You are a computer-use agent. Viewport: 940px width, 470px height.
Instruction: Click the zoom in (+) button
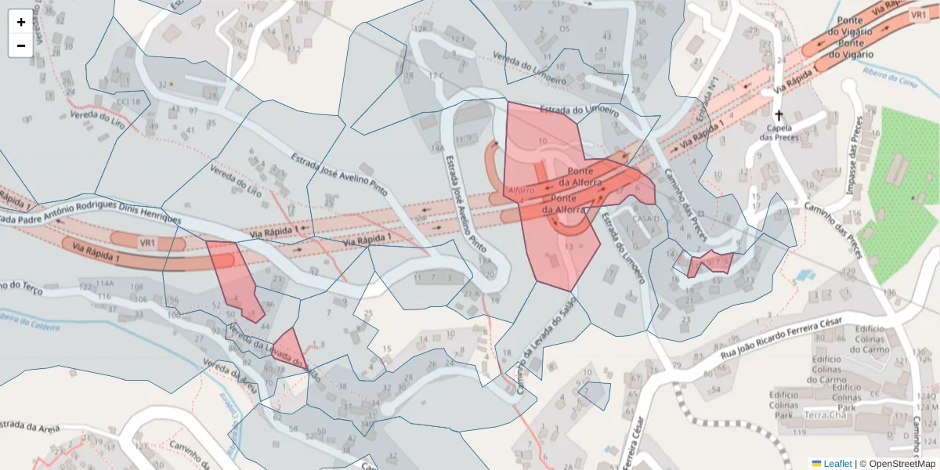tap(21, 22)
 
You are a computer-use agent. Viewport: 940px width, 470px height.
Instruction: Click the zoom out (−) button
tap(21, 45)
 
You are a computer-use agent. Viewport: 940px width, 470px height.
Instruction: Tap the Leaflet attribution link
tap(831, 464)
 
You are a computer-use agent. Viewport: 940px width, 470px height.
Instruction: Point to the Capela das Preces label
tap(779, 132)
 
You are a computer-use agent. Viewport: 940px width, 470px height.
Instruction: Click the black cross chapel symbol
tap(778, 114)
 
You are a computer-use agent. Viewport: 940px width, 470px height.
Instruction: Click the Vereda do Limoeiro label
tap(530, 63)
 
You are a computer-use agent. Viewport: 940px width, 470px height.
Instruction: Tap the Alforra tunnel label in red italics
tap(521, 190)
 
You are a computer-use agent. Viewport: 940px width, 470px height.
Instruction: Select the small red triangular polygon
tap(288, 346)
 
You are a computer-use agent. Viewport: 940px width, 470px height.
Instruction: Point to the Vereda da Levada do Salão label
tap(274, 352)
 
